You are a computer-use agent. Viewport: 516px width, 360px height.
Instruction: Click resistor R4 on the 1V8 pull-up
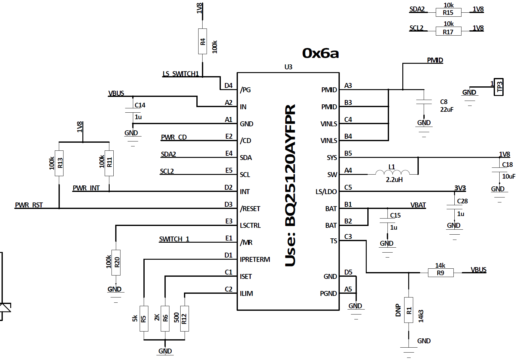pyautogui.click(x=203, y=41)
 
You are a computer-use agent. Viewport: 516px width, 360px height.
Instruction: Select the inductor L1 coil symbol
pyautogui.click(x=392, y=172)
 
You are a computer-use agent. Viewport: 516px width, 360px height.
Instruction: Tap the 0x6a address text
pyautogui.click(x=321, y=54)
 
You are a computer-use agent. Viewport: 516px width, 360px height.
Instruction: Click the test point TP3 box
pyautogui.click(x=499, y=87)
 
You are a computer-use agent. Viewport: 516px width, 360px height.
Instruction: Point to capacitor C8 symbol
pyautogui.click(x=424, y=102)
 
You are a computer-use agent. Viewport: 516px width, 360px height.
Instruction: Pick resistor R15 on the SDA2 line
pyautogui.click(x=448, y=12)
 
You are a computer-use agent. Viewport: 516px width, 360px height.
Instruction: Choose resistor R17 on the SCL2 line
pyautogui.click(x=448, y=31)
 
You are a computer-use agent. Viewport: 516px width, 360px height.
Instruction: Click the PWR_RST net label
pyautogui.click(x=29, y=205)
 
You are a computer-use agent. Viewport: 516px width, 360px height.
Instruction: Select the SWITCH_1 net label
pyautogui.click(x=174, y=239)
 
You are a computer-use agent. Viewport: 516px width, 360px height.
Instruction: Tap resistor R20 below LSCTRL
pyautogui.click(x=116, y=262)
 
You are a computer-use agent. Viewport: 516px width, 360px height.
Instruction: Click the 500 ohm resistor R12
pyautogui.click(x=185, y=319)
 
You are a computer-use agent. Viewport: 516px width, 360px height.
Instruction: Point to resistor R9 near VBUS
pyautogui.click(x=441, y=273)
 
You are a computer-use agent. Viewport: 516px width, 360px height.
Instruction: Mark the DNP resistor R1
pyautogui.click(x=409, y=310)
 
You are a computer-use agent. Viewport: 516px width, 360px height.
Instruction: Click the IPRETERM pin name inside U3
pyautogui.click(x=255, y=259)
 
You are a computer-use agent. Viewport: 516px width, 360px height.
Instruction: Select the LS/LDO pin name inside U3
pyautogui.click(x=326, y=192)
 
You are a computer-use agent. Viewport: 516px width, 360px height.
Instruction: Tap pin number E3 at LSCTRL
pyautogui.click(x=229, y=221)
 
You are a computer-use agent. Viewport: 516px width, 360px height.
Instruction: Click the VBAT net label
pyautogui.click(x=418, y=205)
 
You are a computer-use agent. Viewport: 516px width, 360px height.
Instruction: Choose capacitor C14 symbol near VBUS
pyautogui.click(x=133, y=110)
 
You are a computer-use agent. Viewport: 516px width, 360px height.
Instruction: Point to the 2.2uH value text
pyautogui.click(x=394, y=180)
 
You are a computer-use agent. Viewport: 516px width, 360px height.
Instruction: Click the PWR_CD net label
pyautogui.click(x=174, y=137)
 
